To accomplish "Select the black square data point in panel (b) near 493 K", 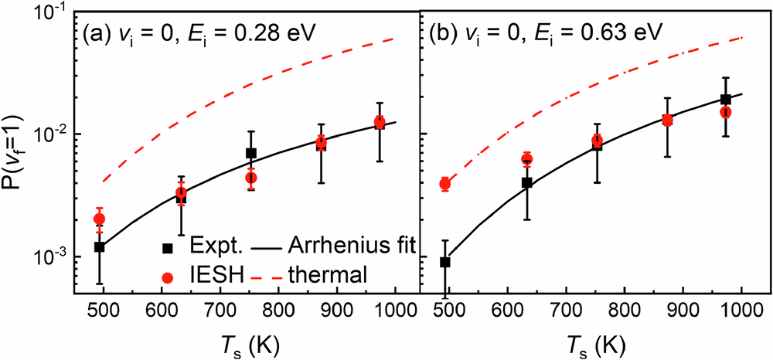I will point(445,262).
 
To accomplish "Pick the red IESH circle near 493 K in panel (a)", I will point(99,219).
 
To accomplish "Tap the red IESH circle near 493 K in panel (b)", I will point(445,184).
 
